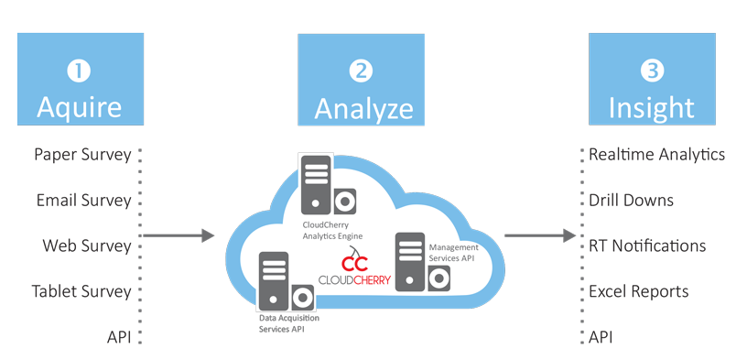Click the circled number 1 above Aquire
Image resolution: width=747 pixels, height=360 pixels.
point(79,70)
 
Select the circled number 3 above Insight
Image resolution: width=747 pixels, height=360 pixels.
point(651,70)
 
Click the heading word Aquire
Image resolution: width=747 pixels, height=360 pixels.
point(79,107)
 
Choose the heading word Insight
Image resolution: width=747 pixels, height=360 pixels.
point(651,107)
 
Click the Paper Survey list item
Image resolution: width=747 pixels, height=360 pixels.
point(82,154)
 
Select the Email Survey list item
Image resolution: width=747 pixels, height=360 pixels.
point(83,200)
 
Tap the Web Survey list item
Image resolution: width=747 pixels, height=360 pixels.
point(87,245)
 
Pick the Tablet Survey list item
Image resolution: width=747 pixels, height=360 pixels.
point(81,291)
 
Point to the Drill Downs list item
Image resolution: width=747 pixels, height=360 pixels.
point(631,200)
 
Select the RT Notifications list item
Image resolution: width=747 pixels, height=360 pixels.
point(646,245)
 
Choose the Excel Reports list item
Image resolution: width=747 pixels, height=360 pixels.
point(638,291)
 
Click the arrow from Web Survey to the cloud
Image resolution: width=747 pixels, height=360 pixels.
point(179,236)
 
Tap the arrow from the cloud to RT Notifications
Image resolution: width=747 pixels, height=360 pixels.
point(540,236)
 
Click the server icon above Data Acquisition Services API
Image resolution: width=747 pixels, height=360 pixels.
point(283,281)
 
